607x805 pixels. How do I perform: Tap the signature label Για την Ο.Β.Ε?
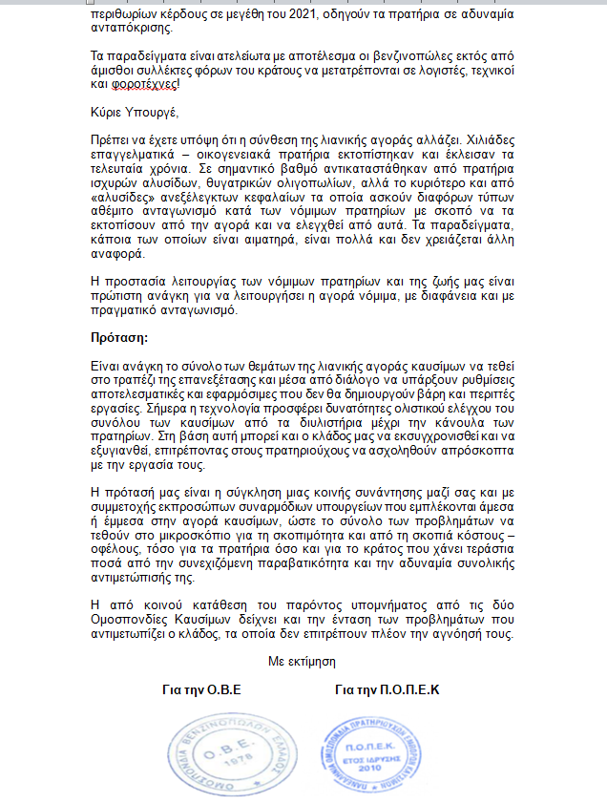tap(202, 689)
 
